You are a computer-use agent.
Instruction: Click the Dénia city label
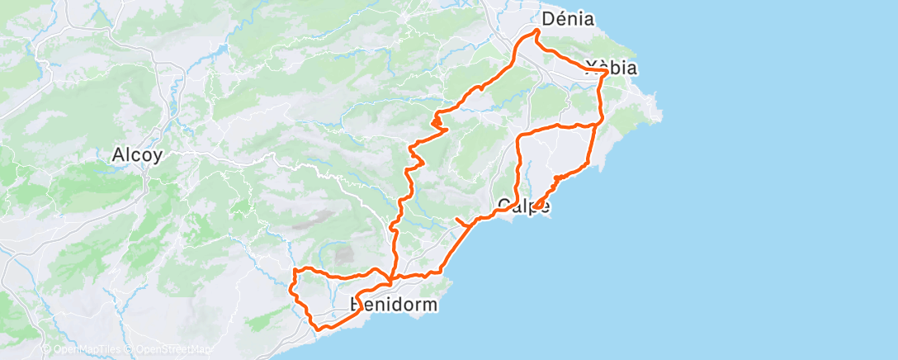(x=568, y=18)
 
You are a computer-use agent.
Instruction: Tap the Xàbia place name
(x=611, y=68)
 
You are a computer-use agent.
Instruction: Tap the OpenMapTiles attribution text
(x=84, y=350)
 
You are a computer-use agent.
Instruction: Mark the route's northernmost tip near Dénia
(x=537, y=31)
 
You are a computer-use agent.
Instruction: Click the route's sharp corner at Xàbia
(x=607, y=73)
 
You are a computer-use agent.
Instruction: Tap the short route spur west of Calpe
(x=458, y=219)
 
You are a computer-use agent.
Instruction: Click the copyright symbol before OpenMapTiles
(x=46, y=350)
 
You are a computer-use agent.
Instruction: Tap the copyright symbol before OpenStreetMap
(x=131, y=350)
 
